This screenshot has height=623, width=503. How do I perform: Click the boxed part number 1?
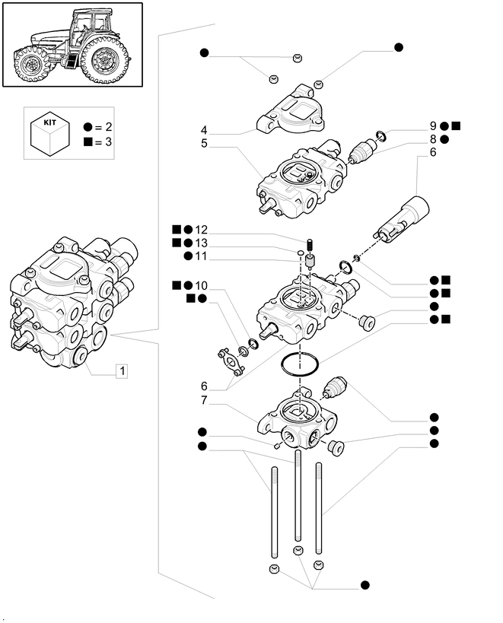coord(122,371)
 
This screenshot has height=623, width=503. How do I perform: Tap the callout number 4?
coord(205,129)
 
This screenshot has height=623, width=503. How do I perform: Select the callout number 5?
coord(205,142)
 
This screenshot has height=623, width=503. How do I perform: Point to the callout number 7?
coord(205,400)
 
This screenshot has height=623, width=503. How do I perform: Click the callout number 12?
coord(201,230)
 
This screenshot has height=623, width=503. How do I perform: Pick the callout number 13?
coord(201,243)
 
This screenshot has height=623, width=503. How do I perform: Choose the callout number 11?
coord(201,256)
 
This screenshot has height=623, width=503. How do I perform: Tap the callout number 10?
coord(201,284)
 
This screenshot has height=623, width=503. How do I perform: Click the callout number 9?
coord(432,126)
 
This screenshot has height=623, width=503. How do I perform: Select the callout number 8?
coord(432,139)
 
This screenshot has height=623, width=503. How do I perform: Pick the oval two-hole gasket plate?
coord(228,360)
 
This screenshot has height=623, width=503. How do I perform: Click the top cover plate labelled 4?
coord(292,113)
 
